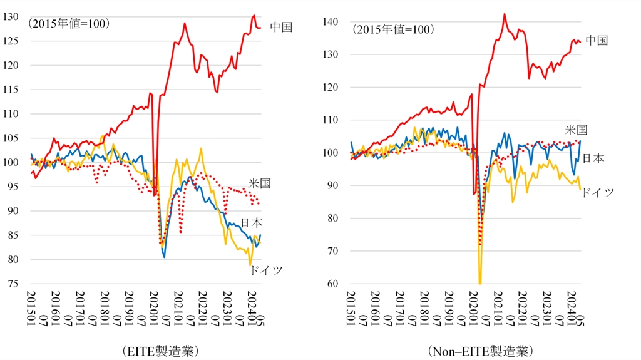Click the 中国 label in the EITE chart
[x=281, y=27]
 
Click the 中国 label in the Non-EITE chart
[x=597, y=41]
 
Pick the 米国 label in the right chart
[x=577, y=130]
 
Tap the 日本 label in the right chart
[x=593, y=158]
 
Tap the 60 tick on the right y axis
[x=332, y=284]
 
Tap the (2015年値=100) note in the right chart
[x=392, y=29]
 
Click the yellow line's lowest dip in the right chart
[x=480, y=282]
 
